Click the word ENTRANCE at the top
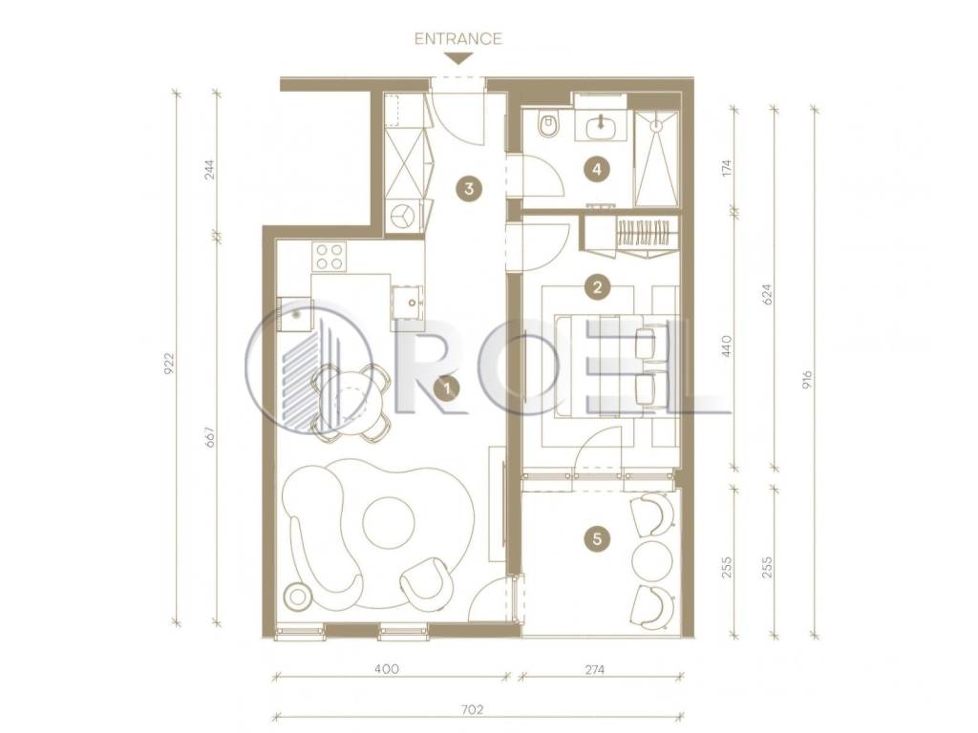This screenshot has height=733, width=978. click(x=458, y=38)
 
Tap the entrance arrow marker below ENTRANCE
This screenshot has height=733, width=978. click(x=458, y=58)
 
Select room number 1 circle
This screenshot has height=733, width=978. click(x=447, y=389)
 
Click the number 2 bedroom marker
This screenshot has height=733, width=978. click(x=598, y=287)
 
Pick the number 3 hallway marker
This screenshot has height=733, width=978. click(x=469, y=188)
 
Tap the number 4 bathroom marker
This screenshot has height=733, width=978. click(x=598, y=169)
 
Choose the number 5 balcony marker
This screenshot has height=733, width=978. click(x=598, y=538)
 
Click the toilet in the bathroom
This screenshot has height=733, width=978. click(x=549, y=124)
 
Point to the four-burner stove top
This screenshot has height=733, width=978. click(x=330, y=256)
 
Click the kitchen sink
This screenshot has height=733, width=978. click(x=407, y=303)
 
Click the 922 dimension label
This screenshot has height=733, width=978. click(x=168, y=364)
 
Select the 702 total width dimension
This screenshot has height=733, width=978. click(x=474, y=709)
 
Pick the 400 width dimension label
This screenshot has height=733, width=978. click(x=387, y=669)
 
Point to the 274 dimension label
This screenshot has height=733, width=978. click(x=595, y=670)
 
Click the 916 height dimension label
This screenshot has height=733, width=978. click(x=808, y=380)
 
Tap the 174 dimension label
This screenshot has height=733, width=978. click(x=726, y=169)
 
